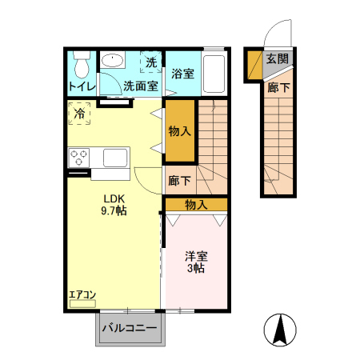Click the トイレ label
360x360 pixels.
click(x=82, y=86)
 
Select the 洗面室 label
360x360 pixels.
click(x=140, y=86)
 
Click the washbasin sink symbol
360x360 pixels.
click(x=113, y=61)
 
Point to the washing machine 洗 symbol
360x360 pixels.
click(x=150, y=62)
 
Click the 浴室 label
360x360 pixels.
click(x=182, y=74)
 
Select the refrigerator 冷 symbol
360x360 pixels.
click(x=79, y=114)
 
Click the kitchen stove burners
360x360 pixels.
click(x=78, y=157)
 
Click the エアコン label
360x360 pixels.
click(x=82, y=294)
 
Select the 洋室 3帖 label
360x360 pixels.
click(x=196, y=263)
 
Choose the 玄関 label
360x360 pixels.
click(x=277, y=58)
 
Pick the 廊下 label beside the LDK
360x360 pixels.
click(x=180, y=181)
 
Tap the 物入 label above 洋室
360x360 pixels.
click(x=196, y=205)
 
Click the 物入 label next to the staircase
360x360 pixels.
click(x=180, y=130)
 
